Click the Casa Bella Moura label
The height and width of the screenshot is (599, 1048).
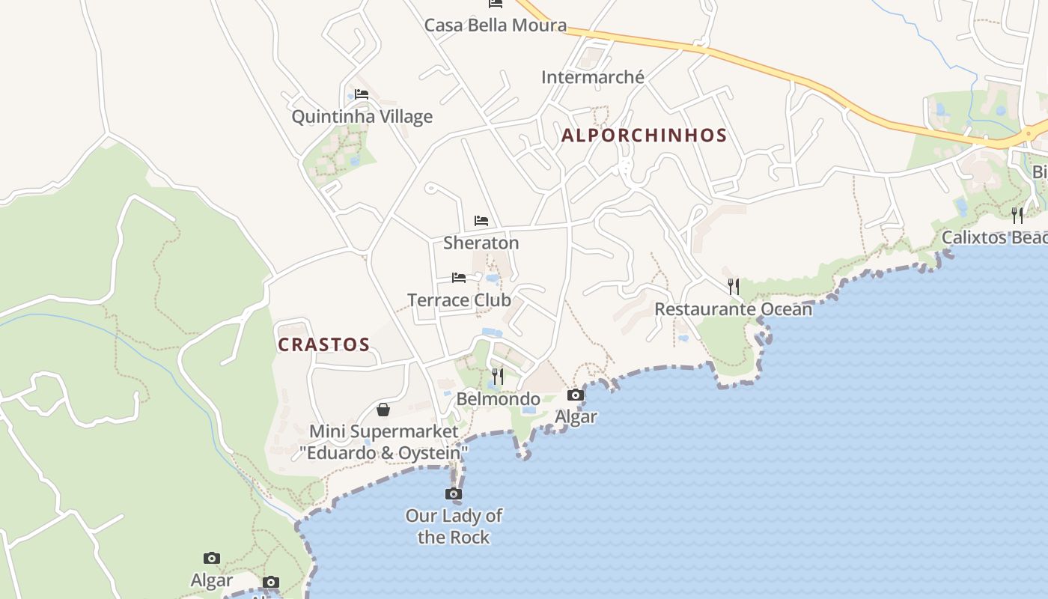tap(495, 25)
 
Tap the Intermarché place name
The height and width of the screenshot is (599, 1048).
tap(592, 77)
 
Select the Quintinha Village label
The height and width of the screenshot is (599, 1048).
tap(362, 117)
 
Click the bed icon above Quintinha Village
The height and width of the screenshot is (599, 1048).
tap(362, 94)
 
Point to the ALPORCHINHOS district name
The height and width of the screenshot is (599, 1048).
tap(644, 136)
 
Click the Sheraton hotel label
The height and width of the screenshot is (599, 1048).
tap(481, 243)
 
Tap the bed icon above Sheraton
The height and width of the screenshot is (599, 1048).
tap(481, 221)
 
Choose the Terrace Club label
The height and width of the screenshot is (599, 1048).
tap(459, 300)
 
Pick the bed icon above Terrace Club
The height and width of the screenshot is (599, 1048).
tap(459, 278)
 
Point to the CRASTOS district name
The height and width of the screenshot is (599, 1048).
tap(323, 344)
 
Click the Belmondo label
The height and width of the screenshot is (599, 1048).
tap(498, 399)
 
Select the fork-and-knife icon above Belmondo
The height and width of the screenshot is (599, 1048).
tap(498, 376)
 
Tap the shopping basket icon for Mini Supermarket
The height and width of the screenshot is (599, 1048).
tap(383, 410)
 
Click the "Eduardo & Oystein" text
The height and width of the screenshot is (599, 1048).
tap(383, 453)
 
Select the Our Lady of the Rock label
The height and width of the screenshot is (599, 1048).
tap(454, 526)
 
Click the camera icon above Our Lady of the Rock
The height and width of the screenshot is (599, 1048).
tap(454, 493)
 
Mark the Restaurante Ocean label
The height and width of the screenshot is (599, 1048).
tap(733, 309)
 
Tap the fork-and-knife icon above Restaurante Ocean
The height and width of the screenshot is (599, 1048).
tap(734, 286)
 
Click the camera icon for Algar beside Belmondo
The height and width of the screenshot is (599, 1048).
tap(576, 395)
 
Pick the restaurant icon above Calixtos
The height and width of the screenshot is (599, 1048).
tap(1017, 216)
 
